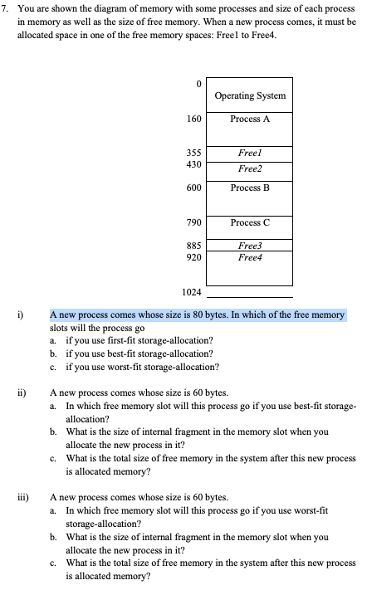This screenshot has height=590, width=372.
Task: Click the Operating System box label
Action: point(250,95)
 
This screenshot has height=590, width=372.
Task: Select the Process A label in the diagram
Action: point(250,119)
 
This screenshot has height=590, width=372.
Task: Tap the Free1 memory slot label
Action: point(249,154)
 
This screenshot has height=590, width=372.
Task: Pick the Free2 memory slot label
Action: point(249,168)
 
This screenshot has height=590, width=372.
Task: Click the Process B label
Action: point(250,188)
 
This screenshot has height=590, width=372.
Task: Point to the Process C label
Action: point(250,222)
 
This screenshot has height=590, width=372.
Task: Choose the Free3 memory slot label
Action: point(249,246)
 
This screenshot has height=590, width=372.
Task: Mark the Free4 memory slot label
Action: point(249,257)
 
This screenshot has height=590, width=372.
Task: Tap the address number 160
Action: point(195,119)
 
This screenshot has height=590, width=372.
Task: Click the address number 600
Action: point(195,188)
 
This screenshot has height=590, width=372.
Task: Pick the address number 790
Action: point(195,222)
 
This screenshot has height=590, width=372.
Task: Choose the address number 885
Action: point(195,246)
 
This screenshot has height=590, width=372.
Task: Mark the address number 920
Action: point(195,257)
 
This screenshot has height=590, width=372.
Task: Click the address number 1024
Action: point(193,292)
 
